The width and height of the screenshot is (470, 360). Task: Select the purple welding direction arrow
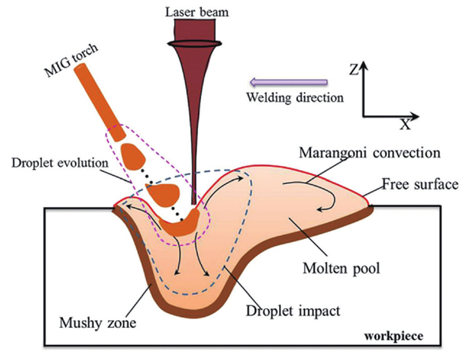point(288,82)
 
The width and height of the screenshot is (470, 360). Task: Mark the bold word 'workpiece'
point(392,337)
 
